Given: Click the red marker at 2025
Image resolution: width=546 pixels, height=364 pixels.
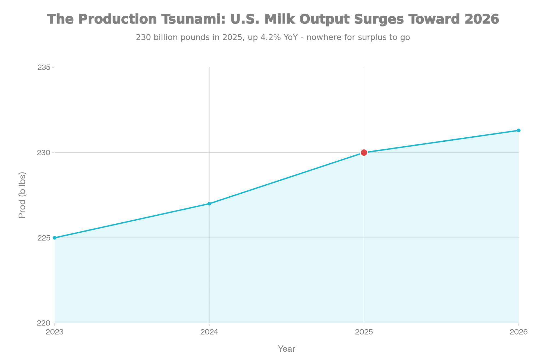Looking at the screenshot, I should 364,153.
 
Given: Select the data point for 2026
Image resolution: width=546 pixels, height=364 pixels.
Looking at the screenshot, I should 518,131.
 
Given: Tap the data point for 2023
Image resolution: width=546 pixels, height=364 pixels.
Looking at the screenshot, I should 55,238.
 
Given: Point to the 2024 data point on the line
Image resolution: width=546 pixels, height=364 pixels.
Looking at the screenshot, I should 209,203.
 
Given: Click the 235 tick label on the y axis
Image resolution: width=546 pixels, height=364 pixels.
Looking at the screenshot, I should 44,67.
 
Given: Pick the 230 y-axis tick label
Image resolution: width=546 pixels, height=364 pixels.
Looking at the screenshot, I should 44,153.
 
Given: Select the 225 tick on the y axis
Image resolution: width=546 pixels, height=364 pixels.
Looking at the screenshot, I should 44,238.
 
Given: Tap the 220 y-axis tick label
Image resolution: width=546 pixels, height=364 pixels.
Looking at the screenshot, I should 44,323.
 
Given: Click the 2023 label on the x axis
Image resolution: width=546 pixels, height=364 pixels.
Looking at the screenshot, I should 55,332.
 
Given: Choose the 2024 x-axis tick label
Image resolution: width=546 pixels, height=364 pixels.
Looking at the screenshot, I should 209,332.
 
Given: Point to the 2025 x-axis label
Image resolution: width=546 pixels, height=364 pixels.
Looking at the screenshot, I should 364,332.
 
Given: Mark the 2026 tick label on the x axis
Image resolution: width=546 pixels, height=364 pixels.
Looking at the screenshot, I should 518,332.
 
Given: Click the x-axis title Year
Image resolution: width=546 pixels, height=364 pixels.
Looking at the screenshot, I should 286,349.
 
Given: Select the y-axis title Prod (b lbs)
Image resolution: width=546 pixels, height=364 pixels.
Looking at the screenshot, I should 22,195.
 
